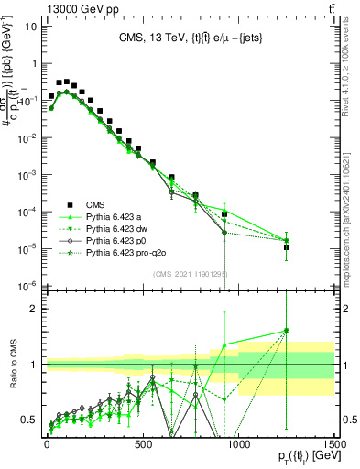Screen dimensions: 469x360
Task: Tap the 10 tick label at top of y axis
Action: pos(29,26)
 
